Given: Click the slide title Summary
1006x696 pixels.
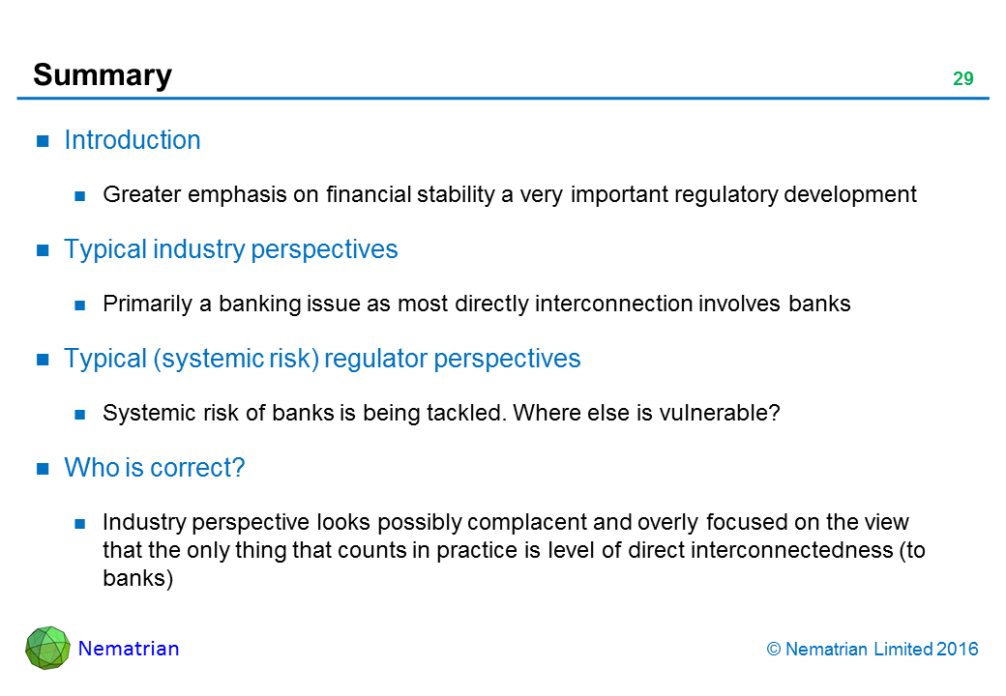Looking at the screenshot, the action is [x=103, y=76].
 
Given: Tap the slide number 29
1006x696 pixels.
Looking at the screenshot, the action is [x=963, y=79].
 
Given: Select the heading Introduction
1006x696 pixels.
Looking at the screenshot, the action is [x=133, y=140].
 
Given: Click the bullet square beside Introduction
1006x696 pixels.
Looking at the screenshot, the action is [x=43, y=141].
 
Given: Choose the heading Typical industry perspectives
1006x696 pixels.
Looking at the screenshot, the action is [x=231, y=249].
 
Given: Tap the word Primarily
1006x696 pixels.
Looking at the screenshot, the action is [x=148, y=304].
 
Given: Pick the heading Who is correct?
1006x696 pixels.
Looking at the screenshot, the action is [x=155, y=468].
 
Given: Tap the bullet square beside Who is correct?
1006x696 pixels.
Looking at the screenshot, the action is [x=43, y=469].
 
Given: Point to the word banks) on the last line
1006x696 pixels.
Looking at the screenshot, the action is [x=138, y=578].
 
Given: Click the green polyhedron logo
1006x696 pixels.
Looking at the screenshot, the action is [x=47, y=648].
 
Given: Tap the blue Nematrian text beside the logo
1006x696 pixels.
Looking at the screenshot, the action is [x=129, y=649].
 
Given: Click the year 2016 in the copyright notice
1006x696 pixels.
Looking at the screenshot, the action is [x=958, y=650].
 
